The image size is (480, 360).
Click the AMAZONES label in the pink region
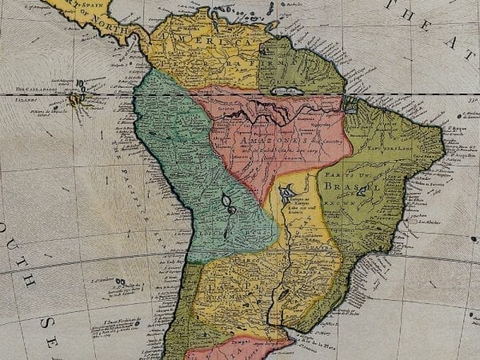point(256,139)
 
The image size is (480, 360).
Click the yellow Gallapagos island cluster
point(77,99)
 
